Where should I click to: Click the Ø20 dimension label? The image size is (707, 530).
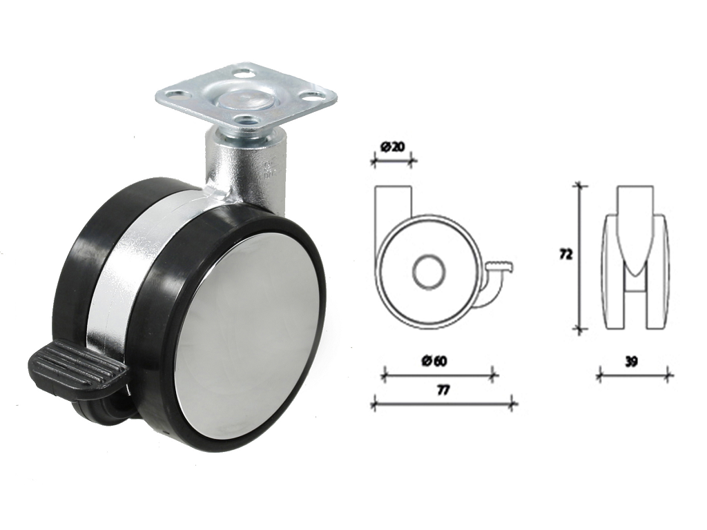tap(392, 148)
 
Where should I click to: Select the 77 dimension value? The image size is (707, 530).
tap(444, 391)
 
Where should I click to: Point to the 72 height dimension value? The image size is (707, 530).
tap(565, 255)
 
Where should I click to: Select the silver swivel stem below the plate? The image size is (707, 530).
tap(246, 167)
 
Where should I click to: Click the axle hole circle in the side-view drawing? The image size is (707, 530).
tap(429, 273)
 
